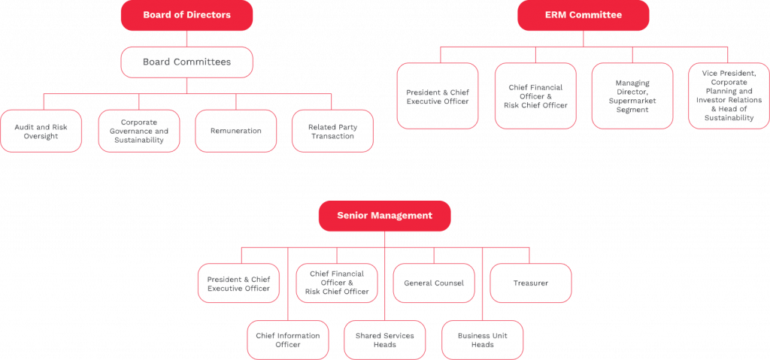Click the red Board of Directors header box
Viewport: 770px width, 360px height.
point(186,15)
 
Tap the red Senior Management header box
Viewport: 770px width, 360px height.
point(384,216)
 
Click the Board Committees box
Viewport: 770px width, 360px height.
point(186,62)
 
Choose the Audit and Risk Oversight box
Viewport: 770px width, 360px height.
point(41,131)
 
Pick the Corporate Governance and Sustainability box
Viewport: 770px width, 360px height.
point(139,131)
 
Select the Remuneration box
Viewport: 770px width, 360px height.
point(236,131)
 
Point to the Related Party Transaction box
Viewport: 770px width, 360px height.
point(332,131)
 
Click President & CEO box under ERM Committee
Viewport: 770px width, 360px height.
point(438,96)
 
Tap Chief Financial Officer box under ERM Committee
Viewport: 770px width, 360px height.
point(535,96)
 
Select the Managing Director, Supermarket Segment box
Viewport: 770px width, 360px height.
point(632,96)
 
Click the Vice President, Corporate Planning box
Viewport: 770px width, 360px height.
point(729,96)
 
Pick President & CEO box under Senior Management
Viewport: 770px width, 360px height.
point(238,283)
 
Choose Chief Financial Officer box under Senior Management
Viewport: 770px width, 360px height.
point(337,283)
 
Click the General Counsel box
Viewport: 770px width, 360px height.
point(434,283)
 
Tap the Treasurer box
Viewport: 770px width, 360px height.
point(530,283)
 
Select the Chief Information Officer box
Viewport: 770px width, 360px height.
point(288,340)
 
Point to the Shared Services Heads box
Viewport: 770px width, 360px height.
point(385,340)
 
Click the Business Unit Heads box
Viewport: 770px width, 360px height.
point(482,340)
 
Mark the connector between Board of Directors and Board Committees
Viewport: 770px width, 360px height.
point(186,39)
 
